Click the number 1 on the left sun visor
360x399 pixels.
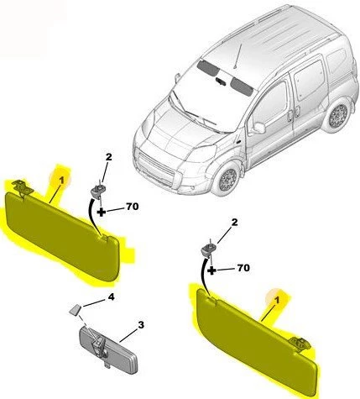point(60,177)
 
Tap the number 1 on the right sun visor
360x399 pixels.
point(270,296)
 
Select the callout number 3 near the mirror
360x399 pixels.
point(142,324)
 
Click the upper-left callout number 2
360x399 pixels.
point(107,157)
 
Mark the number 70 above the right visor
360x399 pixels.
point(243,270)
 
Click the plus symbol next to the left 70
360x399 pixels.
point(102,210)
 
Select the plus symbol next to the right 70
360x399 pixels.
point(213,271)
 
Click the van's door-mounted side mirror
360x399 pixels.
point(258,129)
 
